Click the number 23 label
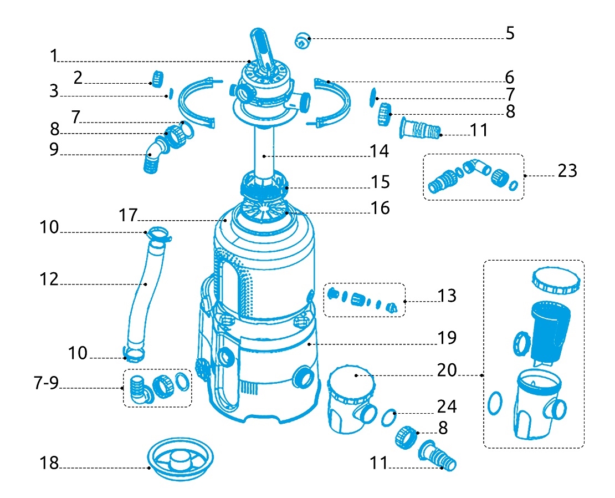(567, 171)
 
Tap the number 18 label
(49, 464)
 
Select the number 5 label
(510, 33)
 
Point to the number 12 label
(49, 279)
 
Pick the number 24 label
(446, 406)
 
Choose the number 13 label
(447, 296)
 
